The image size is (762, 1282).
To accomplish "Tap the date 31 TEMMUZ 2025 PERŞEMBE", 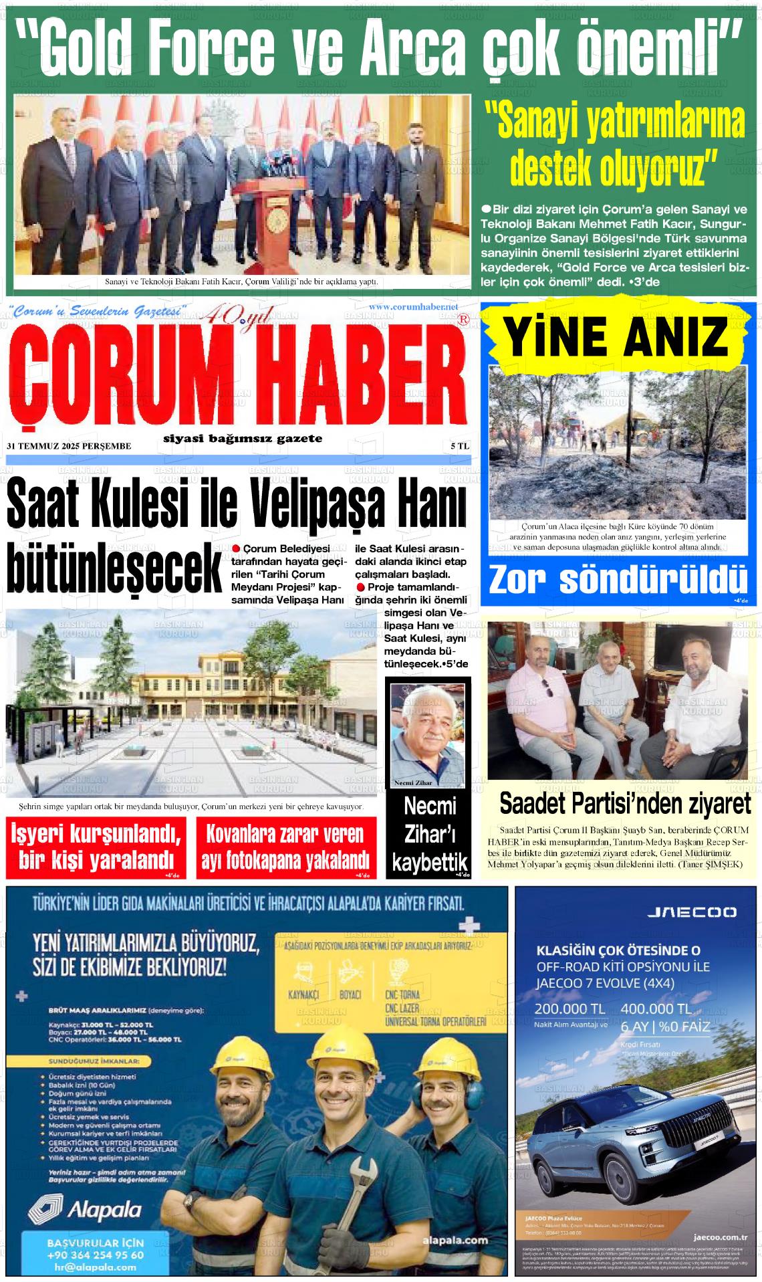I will pos(69,445).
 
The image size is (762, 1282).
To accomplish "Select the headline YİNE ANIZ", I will pos(617,338).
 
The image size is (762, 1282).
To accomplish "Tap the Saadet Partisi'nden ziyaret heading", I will pos(625,803).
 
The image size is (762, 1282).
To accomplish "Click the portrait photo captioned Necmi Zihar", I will pos(428,734).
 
